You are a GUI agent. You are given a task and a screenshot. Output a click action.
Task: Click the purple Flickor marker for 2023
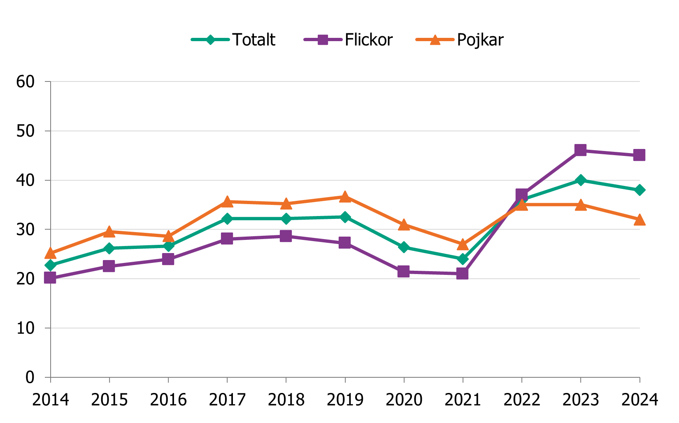click(580, 150)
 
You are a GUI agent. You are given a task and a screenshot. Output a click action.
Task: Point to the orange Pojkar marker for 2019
click(345, 196)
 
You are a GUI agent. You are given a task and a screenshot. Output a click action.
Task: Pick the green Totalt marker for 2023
click(580, 180)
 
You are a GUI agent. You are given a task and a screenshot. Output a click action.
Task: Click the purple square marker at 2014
click(50, 278)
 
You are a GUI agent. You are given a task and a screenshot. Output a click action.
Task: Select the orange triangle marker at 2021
click(463, 244)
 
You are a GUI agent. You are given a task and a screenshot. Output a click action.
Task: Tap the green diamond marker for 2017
click(227, 218)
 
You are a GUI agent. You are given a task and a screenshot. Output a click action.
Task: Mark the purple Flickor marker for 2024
click(639, 155)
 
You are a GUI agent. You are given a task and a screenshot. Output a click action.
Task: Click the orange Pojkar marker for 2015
click(109, 232)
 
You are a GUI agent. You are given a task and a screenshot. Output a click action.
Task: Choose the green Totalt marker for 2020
click(404, 247)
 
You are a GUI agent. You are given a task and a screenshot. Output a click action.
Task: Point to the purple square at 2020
click(404, 272)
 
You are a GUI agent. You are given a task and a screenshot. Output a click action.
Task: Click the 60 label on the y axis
click(25, 81)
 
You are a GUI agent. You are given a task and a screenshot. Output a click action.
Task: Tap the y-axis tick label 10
click(25, 328)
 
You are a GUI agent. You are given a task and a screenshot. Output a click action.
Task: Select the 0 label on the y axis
click(30, 377)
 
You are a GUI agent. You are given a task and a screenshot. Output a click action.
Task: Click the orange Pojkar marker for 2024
click(639, 220)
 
